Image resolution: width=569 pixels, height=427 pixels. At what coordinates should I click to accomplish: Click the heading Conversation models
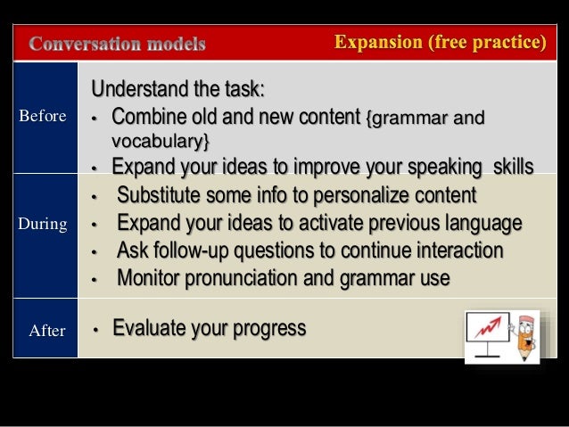coord(118,44)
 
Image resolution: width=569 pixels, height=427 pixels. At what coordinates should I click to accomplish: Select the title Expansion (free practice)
coord(440,43)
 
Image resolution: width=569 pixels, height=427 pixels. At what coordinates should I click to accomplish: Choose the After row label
coord(47,331)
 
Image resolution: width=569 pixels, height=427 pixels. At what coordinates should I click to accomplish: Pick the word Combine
coord(144,117)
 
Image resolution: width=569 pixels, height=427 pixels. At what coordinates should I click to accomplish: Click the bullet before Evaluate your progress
coord(95,330)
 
